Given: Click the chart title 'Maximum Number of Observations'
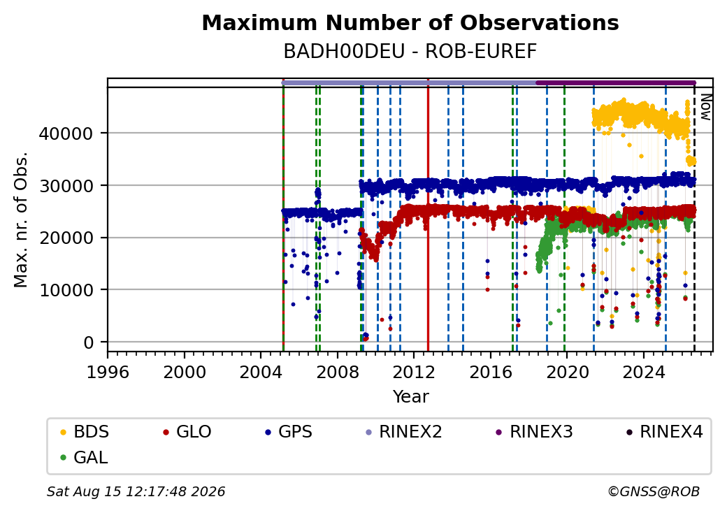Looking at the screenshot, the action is pyautogui.click(x=410, y=22).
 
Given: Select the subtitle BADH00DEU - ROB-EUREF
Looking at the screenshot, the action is pyautogui.click(x=410, y=52).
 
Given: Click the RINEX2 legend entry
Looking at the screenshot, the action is pyautogui.click(x=403, y=432).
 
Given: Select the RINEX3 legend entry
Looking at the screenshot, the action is pyautogui.click(x=534, y=432).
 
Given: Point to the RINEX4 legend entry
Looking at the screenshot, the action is pyautogui.click(x=664, y=432).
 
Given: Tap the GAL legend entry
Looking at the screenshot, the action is pyautogui.click(x=85, y=457).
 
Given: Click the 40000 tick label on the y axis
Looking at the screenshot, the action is pyautogui.click(x=66, y=133).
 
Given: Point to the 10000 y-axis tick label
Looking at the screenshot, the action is pyautogui.click(x=66, y=290).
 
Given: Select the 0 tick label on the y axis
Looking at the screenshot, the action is pyautogui.click(x=89, y=342).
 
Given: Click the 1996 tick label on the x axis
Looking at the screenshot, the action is pyautogui.click(x=108, y=372).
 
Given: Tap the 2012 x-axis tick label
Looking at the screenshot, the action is pyautogui.click(x=414, y=372).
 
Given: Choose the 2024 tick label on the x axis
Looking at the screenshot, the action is pyautogui.click(x=644, y=372).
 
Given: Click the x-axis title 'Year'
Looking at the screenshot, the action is pyautogui.click(x=411, y=397).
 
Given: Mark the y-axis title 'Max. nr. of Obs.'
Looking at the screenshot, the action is pyautogui.click(x=21, y=219).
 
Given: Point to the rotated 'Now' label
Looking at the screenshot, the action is pyautogui.click(x=705, y=107).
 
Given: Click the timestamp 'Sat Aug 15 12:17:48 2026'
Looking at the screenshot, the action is pyautogui.click(x=136, y=491).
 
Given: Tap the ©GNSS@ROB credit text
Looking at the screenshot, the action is pyautogui.click(x=654, y=491).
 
